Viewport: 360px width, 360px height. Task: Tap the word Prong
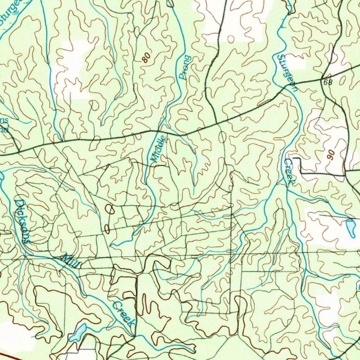coord(185,67)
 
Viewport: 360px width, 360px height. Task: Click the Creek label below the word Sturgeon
coord(289,172)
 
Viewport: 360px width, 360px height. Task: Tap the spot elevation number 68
coord(328,82)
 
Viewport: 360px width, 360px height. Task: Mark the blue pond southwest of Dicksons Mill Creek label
coord(78,333)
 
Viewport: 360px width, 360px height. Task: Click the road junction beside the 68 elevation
coord(322,78)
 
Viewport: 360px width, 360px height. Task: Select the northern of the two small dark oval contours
coord(110,210)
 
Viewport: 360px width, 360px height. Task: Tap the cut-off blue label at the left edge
coord(4,125)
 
